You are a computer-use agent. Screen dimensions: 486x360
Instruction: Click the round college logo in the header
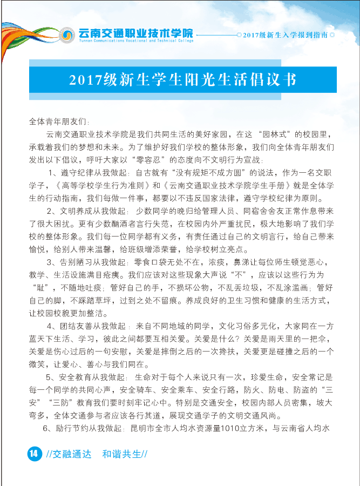coord(67,35)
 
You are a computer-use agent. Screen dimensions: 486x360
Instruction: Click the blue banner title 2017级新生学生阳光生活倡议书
coord(183,79)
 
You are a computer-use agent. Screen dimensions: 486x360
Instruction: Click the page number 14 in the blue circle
coord(33,453)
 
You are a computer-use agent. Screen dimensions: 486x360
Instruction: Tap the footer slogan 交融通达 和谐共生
coord(97,454)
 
